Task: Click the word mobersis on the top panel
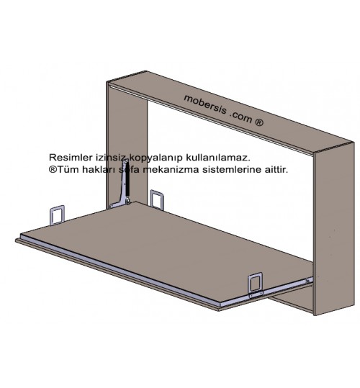(x=205, y=105)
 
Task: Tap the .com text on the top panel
(x=241, y=117)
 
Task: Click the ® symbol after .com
(x=258, y=122)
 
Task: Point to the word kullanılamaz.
(x=218, y=158)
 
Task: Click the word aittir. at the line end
(x=276, y=170)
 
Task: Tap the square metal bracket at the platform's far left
(x=58, y=215)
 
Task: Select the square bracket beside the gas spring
(x=157, y=199)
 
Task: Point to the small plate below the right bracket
(x=256, y=294)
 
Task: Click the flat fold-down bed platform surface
(x=168, y=250)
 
